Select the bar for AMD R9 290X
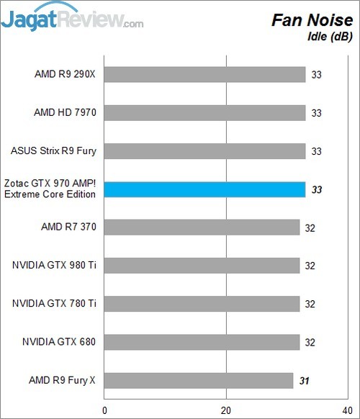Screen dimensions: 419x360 tap(205, 74)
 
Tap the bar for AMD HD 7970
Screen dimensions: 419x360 tap(205, 112)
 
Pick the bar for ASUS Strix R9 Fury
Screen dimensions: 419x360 tap(205, 151)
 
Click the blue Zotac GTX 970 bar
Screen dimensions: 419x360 tap(205, 189)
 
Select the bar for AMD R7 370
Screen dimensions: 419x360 tap(202, 227)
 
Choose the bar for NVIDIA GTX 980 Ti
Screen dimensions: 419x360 tap(202, 266)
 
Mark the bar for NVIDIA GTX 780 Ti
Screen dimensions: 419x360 tap(202, 304)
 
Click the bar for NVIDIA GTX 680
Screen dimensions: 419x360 tap(202, 342)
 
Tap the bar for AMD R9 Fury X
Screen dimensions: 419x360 tap(199, 380)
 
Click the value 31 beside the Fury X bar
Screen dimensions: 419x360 tap(305, 380)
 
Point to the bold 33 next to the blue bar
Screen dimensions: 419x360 tap(317, 189)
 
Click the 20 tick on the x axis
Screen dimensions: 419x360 tap(227, 410)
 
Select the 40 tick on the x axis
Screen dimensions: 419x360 tap(348, 410)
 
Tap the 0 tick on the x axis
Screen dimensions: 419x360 tap(106, 410)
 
